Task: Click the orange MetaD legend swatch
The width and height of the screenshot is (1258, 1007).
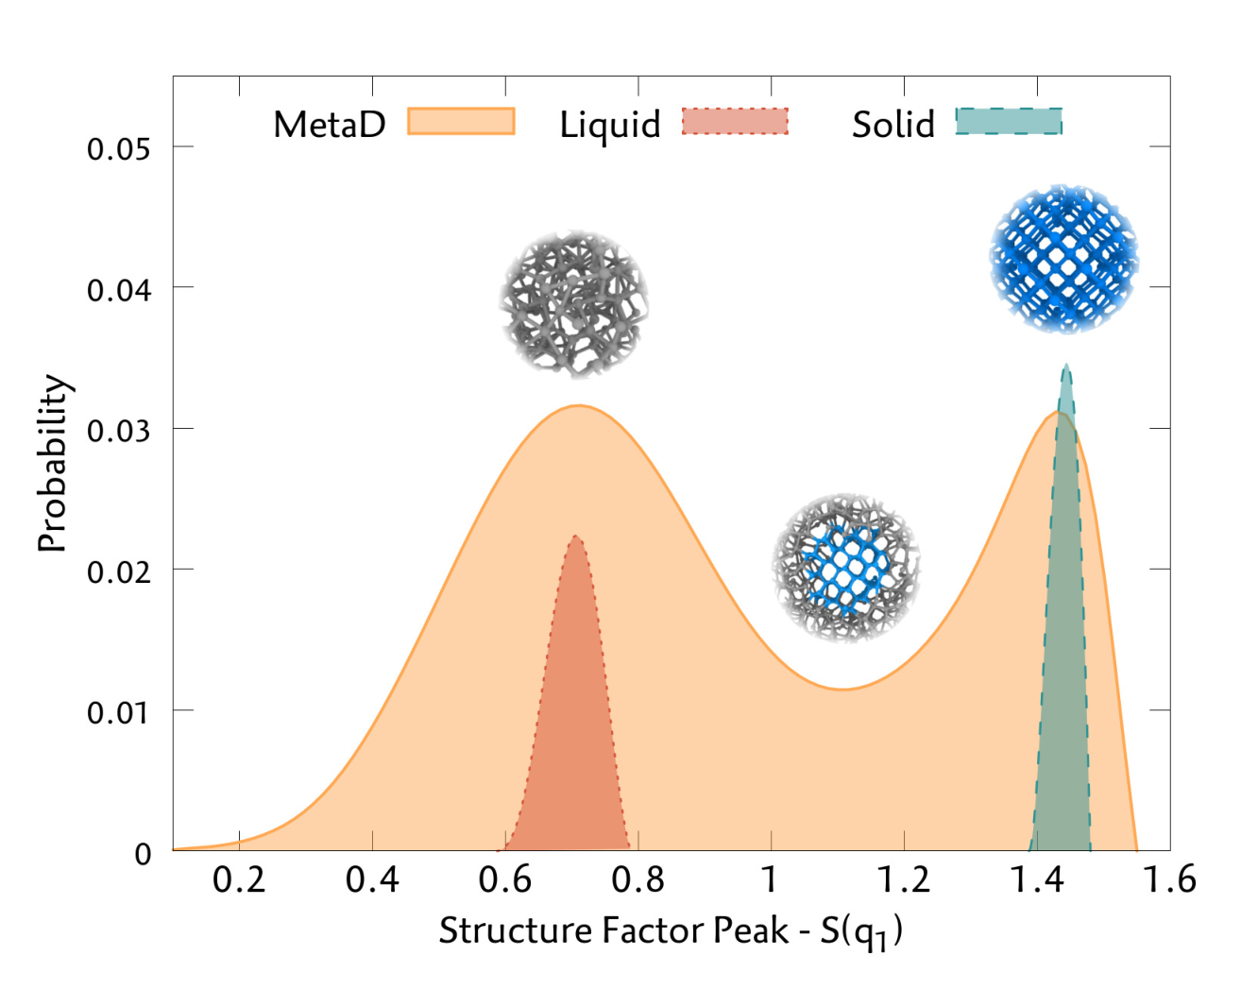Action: pos(461,122)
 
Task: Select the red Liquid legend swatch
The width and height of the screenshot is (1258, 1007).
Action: pos(735,122)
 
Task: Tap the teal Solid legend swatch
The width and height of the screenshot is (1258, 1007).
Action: pos(1009,122)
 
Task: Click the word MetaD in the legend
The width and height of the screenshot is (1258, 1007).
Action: pos(330,124)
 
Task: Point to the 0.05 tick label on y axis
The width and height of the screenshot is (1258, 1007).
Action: pos(118,148)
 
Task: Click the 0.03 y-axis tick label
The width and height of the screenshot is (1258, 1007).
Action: pos(118,430)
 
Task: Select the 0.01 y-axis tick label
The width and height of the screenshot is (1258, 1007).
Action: pos(118,711)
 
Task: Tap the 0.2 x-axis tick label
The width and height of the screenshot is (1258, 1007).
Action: pos(239,880)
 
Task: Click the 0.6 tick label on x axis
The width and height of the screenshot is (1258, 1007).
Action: pos(505,880)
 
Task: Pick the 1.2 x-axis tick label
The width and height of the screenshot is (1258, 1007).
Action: pos(904,880)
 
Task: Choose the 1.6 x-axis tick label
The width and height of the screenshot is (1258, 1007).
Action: pos(1169,880)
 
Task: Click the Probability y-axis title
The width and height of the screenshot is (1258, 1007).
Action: pos(53,463)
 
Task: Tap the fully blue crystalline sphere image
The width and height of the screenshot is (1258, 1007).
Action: pos(1063,259)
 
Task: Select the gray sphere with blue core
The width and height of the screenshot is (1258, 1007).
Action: pos(846,567)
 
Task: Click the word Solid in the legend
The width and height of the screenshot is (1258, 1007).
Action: pos(892,124)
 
